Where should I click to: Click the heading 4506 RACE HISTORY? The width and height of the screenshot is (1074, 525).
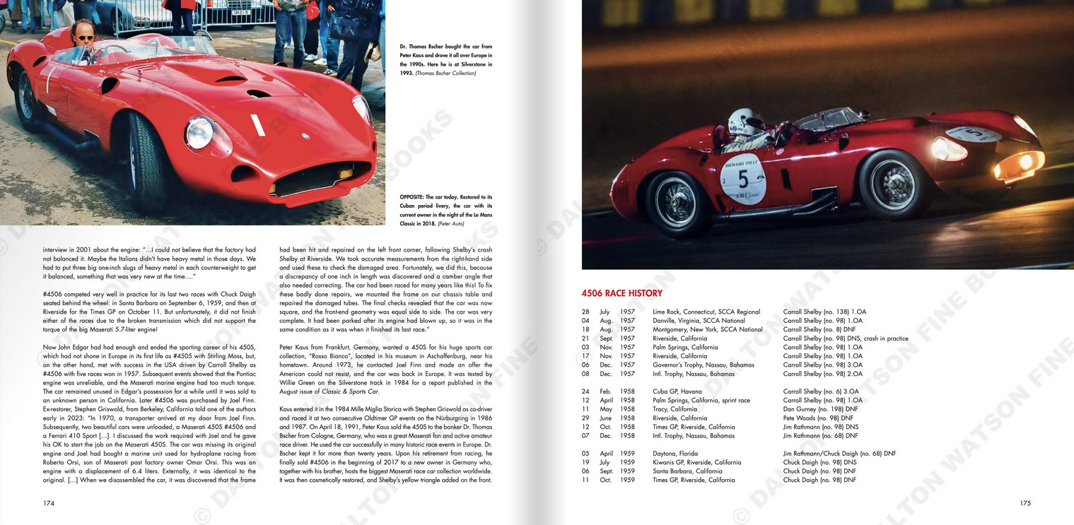click(621, 293)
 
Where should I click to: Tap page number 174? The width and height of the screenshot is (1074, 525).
click(49, 503)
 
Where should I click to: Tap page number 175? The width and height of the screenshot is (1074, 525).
click(1025, 503)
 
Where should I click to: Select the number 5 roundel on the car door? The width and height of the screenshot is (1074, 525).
click(742, 178)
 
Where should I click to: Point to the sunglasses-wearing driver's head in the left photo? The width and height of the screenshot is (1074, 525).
click(83, 34)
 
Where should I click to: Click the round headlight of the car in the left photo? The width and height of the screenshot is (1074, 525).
click(199, 132)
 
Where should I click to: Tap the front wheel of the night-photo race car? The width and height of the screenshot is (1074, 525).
click(893, 186)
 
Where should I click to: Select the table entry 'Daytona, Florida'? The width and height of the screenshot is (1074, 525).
click(675, 454)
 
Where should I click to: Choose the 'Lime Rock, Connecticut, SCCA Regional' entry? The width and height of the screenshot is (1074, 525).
click(706, 312)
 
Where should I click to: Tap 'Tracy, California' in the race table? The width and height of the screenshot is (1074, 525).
click(675, 409)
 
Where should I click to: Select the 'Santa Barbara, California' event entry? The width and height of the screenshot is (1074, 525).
click(687, 471)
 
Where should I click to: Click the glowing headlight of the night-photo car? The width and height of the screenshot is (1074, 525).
click(1022, 162)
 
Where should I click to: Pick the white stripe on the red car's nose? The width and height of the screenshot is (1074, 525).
click(257, 125)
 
